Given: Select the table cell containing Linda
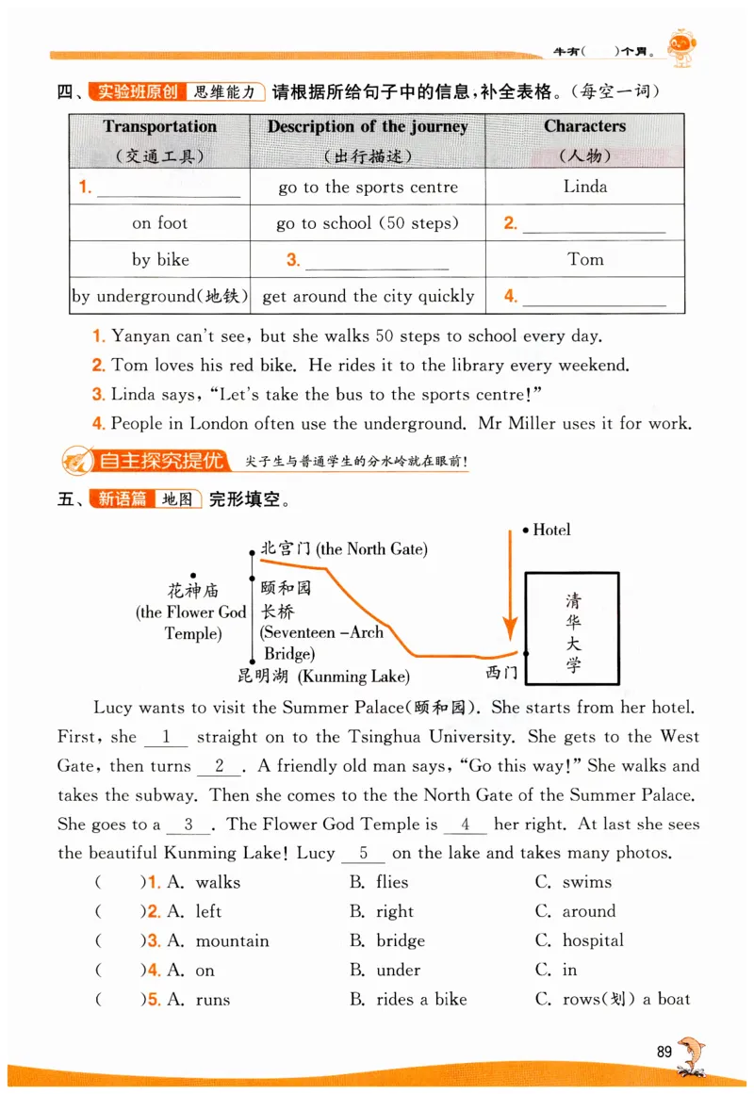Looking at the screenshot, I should pos(585,187).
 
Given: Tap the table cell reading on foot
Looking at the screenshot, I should pos(159,223).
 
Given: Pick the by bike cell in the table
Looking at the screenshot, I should pos(160,260).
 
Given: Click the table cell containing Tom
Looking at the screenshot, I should pos(585,259).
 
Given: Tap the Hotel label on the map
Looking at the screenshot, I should pos(551,531).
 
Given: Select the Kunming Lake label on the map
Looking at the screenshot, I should pos(324,676).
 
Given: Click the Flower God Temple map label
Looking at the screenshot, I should pos(193,612).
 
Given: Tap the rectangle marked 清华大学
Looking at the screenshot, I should pos(573,628).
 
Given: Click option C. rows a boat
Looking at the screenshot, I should pos(613,1000).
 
